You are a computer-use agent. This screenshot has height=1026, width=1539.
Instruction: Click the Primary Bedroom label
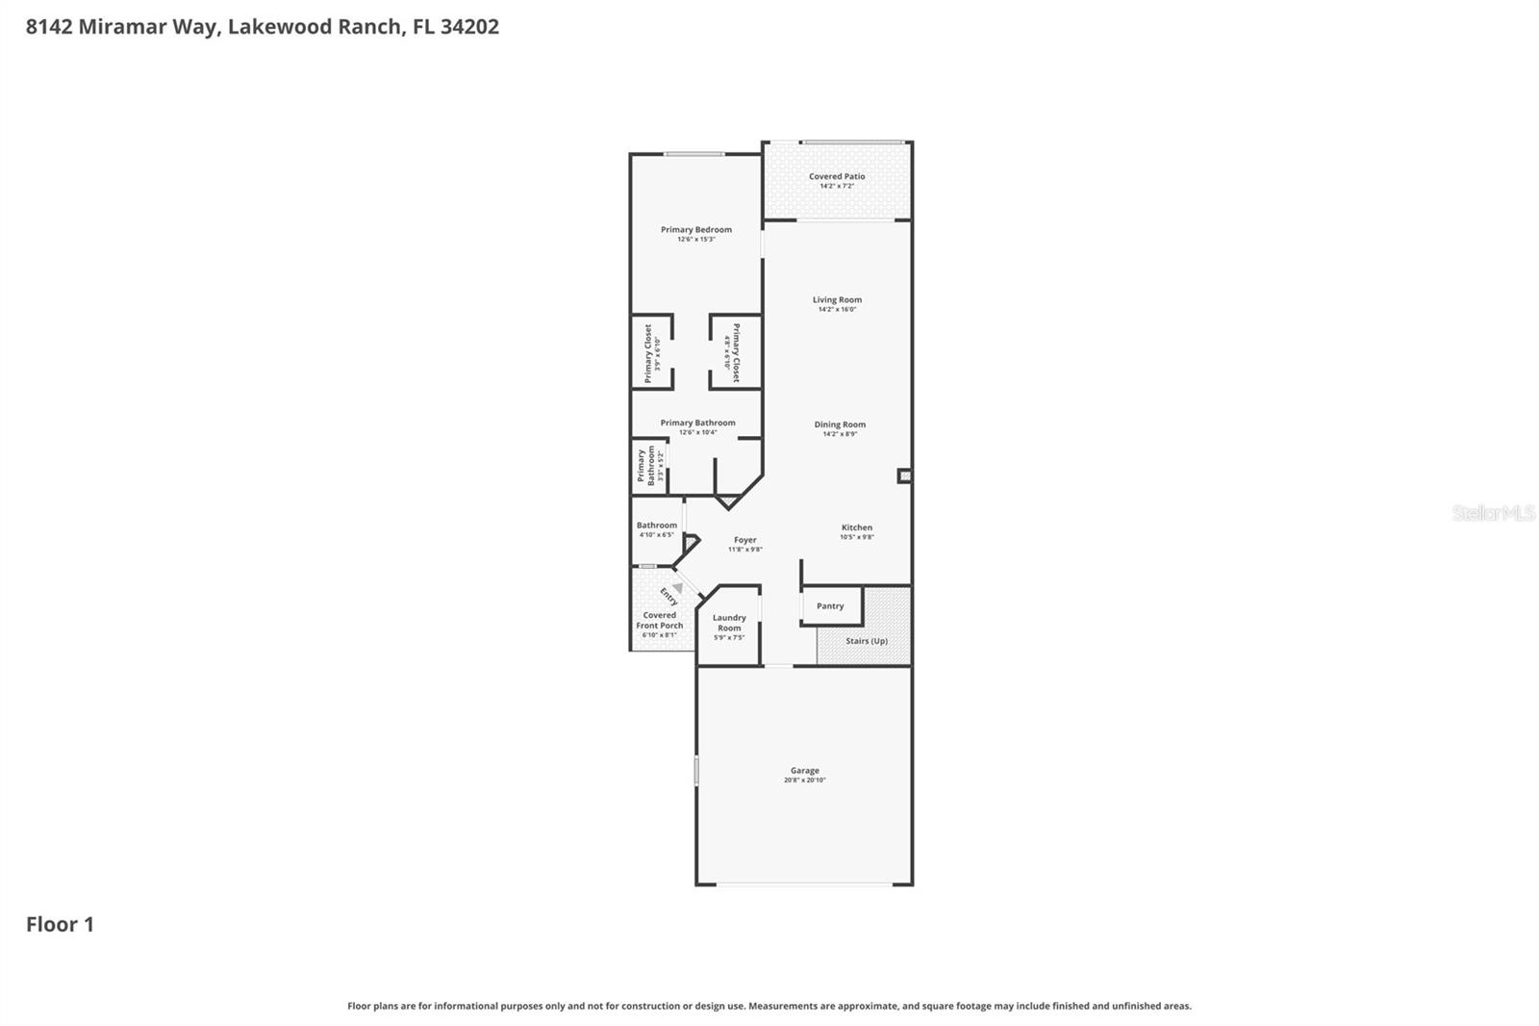point(695,229)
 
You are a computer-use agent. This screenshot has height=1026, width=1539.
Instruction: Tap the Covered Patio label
point(836,176)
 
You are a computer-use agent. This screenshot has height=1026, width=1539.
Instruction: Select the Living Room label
point(837,299)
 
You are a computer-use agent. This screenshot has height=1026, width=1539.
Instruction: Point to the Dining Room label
point(840,423)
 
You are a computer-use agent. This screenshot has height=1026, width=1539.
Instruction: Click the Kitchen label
point(856,527)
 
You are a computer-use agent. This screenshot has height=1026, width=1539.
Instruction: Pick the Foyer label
point(744,540)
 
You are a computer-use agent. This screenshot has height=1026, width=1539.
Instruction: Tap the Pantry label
point(830,606)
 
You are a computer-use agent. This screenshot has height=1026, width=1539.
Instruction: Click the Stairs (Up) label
point(867,641)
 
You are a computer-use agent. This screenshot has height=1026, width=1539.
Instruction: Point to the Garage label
point(804,770)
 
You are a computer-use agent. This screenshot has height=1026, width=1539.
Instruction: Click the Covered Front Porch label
point(660,620)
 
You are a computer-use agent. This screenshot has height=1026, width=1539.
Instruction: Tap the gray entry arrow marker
point(677,587)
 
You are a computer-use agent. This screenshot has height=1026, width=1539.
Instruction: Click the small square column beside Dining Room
point(904,475)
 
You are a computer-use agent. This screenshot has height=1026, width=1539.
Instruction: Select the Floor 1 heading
point(60,924)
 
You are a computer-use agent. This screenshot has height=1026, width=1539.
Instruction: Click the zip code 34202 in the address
point(469,27)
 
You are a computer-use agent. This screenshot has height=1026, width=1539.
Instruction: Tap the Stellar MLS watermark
point(1493,513)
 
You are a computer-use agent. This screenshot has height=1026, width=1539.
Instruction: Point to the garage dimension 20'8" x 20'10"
point(804,781)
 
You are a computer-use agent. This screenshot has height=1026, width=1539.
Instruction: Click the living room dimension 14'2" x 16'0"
point(837,310)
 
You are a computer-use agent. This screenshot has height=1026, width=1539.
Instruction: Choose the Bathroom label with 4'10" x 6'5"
point(657,526)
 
